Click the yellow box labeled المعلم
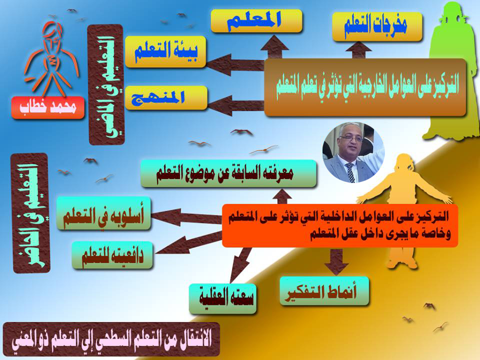coord(256,21)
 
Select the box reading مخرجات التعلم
coord(377,26)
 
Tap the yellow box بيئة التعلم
coord(165,51)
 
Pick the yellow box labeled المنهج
coord(166,97)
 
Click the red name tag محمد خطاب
coord(48,107)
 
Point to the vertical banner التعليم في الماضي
coord(106,84)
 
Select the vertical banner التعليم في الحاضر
coord(30,213)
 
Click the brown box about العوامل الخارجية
coord(365,87)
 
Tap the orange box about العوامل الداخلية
coord(340,225)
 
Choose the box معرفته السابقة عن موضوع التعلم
coord(228,173)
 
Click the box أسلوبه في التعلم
coord(104,213)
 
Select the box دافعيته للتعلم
coord(112,255)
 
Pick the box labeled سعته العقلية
coord(222,298)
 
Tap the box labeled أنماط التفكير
coord(324,291)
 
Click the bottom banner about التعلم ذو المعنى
coord(111,339)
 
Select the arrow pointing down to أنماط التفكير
coord(336,261)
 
